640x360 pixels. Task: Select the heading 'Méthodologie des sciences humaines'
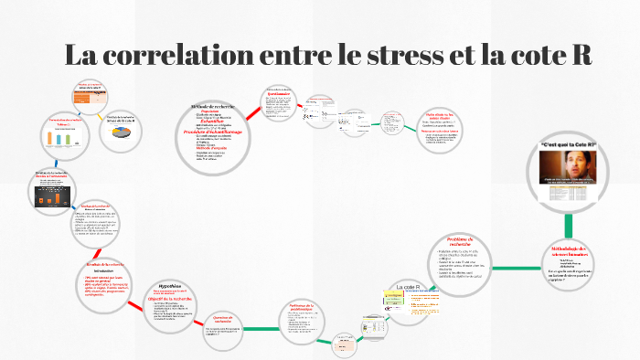(x=572, y=250)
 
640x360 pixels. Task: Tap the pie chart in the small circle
(x=122, y=132)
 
